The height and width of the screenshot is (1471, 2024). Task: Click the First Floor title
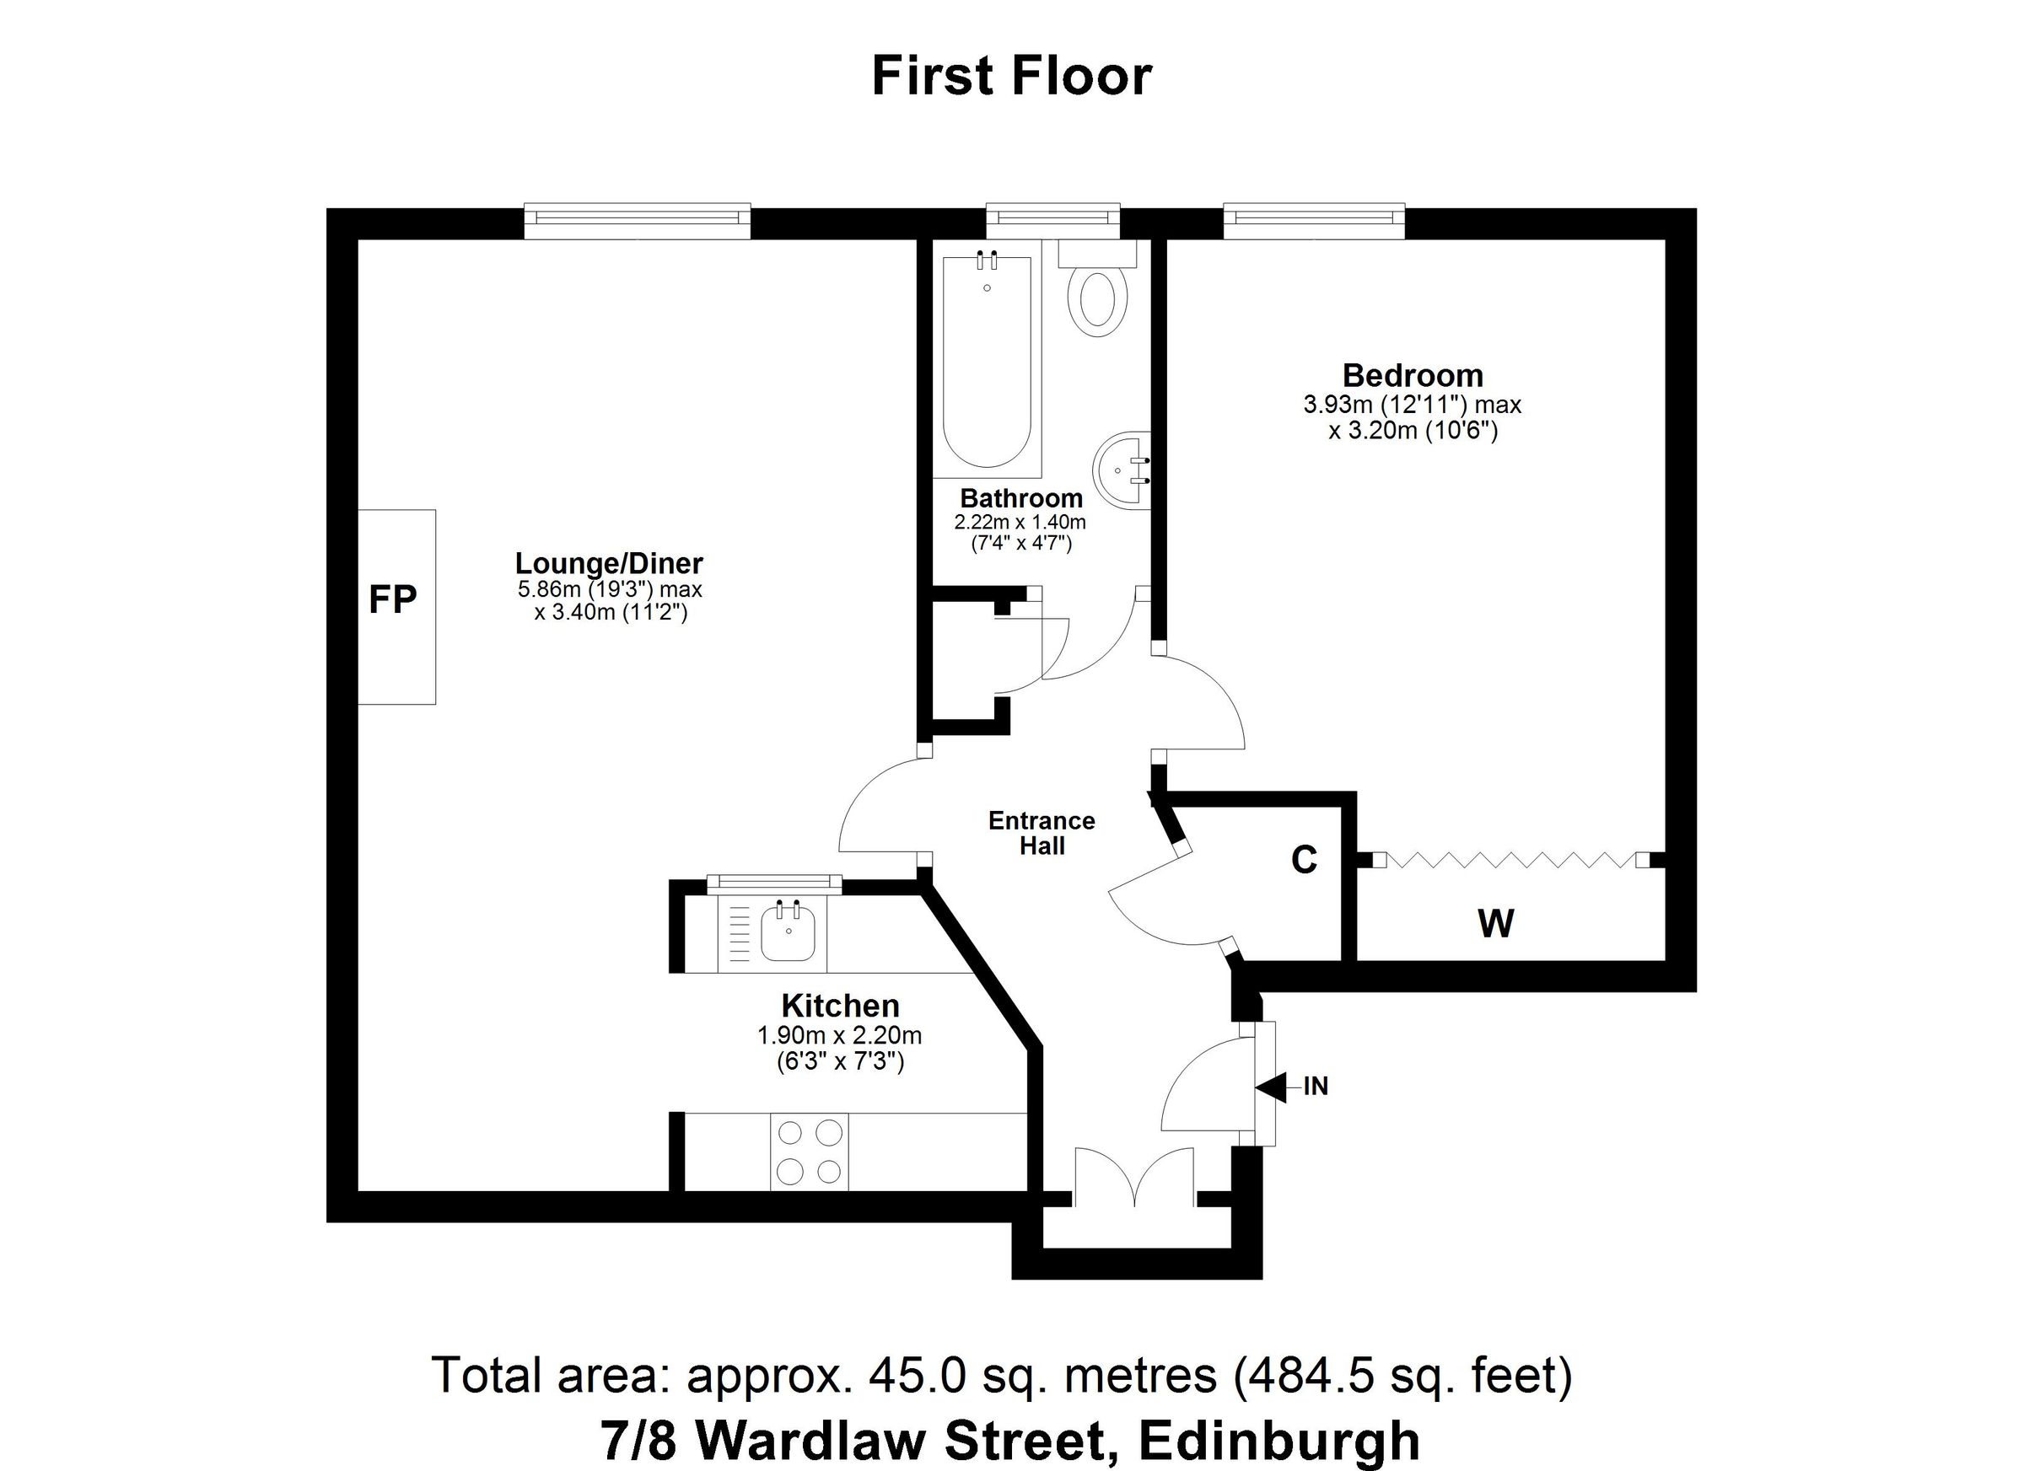1011,77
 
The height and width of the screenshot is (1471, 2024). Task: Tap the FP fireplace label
393,599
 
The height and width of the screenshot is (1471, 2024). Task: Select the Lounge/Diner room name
609,563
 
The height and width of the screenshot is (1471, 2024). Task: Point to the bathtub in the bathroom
987,362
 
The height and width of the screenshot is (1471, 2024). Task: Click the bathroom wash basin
1121,470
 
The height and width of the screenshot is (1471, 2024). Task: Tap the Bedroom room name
1412,376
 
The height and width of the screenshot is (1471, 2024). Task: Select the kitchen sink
787,931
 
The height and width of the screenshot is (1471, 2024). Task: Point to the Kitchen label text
840,1007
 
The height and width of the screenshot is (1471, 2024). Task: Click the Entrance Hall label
1042,833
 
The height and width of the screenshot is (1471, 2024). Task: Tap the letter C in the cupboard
1304,860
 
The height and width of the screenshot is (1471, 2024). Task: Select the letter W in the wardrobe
1496,924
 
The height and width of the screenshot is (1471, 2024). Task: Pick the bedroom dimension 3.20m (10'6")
1413,432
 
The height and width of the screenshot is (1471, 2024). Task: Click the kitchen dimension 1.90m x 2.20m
839,1036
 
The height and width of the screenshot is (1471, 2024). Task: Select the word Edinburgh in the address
1279,1440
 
